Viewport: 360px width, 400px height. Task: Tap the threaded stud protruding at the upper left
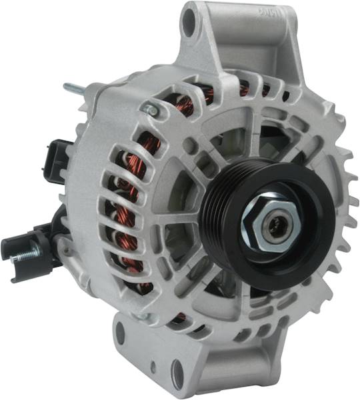(x=73, y=87)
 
